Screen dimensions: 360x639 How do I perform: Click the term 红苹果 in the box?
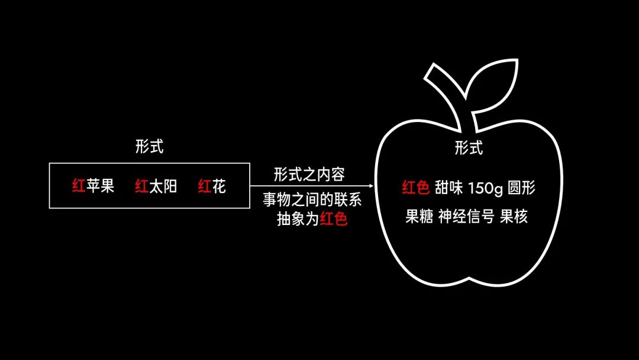(x=93, y=187)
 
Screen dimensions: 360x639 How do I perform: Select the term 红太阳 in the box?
(x=156, y=187)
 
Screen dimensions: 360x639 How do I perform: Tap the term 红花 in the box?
(x=212, y=187)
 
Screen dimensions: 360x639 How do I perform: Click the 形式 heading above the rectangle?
(x=149, y=147)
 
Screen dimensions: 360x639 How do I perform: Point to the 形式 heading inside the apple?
(x=469, y=148)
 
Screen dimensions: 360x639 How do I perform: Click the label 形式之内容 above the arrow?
(x=309, y=174)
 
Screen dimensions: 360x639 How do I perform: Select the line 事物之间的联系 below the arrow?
(x=312, y=201)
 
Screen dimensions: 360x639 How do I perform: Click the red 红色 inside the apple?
(x=415, y=188)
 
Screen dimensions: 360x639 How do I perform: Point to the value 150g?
(x=485, y=188)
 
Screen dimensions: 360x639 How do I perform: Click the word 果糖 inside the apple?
(x=419, y=217)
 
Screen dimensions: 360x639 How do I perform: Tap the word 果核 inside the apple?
(x=514, y=217)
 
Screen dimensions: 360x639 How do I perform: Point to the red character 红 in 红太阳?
(x=141, y=187)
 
